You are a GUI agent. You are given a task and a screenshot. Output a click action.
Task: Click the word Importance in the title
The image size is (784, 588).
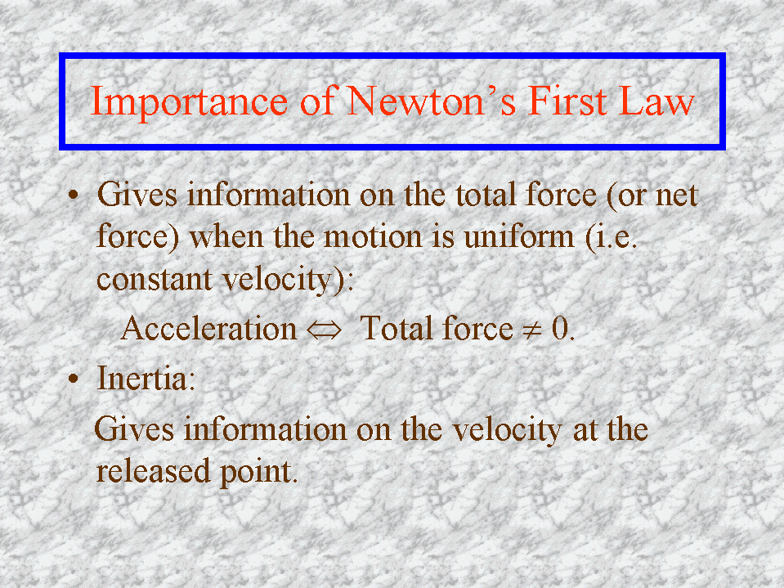click(189, 102)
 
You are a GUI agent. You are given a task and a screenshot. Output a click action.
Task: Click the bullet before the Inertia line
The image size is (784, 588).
click(74, 379)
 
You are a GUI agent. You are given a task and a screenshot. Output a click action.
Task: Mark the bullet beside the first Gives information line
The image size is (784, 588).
click(74, 195)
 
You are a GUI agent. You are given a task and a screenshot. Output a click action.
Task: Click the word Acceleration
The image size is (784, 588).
click(209, 329)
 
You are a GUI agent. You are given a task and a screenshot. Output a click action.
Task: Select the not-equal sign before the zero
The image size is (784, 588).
click(532, 330)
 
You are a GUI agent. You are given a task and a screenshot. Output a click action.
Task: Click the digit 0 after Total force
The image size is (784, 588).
click(560, 329)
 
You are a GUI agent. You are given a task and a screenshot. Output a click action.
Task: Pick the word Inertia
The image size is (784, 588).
click(142, 378)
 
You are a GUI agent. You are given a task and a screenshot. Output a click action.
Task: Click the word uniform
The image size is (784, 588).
click(519, 236)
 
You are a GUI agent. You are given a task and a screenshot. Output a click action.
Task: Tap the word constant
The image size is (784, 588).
click(155, 279)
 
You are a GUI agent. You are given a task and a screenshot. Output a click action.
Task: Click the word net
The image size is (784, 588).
click(677, 195)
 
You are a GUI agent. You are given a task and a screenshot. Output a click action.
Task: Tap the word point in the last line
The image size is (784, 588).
click(256, 473)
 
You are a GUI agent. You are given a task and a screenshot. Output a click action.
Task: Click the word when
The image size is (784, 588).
click(226, 236)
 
